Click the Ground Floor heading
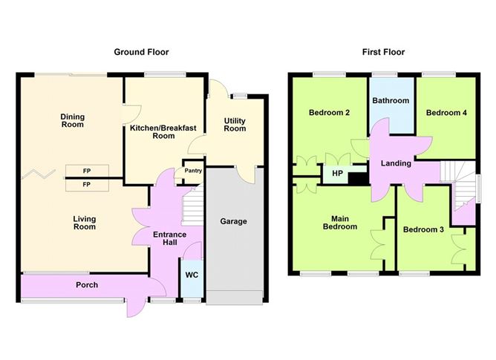141,52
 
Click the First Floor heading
383,52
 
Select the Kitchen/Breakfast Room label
163,132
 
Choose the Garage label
234,221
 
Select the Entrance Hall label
169,240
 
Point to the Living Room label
84,223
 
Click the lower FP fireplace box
86,183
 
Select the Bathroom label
391,101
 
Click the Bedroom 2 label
329,113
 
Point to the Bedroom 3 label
423,230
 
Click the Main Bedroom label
339,223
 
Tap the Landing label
396,163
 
